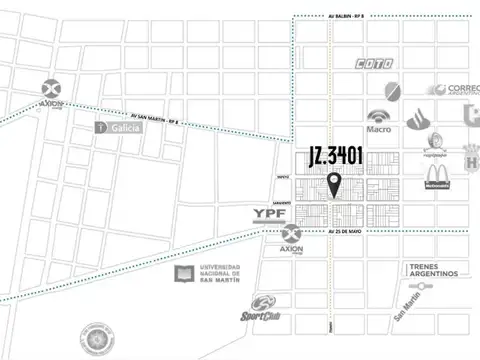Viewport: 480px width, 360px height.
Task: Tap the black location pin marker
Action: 334,184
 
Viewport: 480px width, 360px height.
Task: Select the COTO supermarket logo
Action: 374,65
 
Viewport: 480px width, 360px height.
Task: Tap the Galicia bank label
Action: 120,127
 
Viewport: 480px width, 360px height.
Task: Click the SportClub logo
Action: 262,309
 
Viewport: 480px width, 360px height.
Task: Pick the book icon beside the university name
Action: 184,272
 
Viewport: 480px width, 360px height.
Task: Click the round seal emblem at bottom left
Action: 98,340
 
